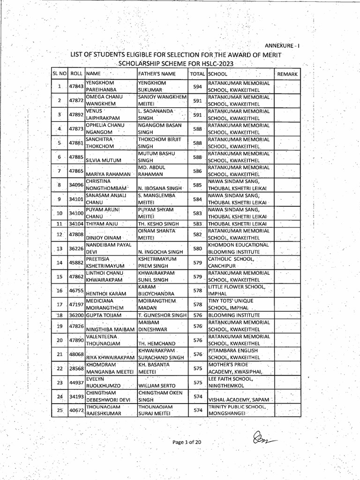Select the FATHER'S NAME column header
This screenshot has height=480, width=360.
pyautogui.click(x=157, y=74)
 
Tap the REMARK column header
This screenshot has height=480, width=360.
pyautogui.click(x=287, y=74)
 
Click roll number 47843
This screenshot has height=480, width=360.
pyautogui.click(x=76, y=87)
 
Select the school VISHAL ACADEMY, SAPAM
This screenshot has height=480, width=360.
pyautogui.click(x=237, y=399)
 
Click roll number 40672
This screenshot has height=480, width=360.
pyautogui.click(x=76, y=410)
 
